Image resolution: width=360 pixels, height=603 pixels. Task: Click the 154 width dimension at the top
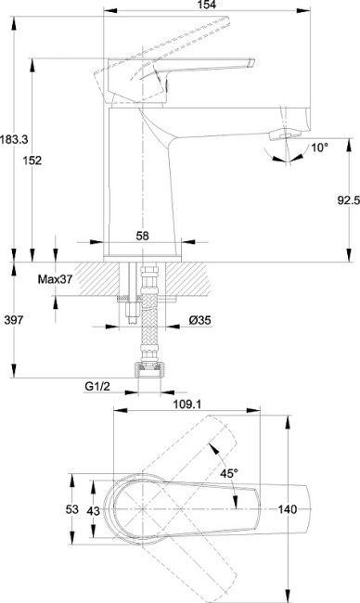(x=208, y=5)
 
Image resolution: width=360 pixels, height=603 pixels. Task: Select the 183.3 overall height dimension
(x=14, y=139)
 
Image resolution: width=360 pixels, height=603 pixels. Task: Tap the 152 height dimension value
(x=32, y=160)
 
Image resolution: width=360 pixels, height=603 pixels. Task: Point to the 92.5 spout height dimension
(x=349, y=200)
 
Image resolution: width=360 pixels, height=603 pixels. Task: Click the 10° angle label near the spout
(x=319, y=147)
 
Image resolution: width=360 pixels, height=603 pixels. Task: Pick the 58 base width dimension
(x=142, y=236)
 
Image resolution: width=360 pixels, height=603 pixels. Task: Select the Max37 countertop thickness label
(x=55, y=279)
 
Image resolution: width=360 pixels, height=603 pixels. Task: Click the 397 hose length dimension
(x=14, y=319)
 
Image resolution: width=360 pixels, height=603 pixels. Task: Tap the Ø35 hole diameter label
(x=200, y=320)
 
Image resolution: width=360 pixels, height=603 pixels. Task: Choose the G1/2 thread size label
(x=97, y=386)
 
